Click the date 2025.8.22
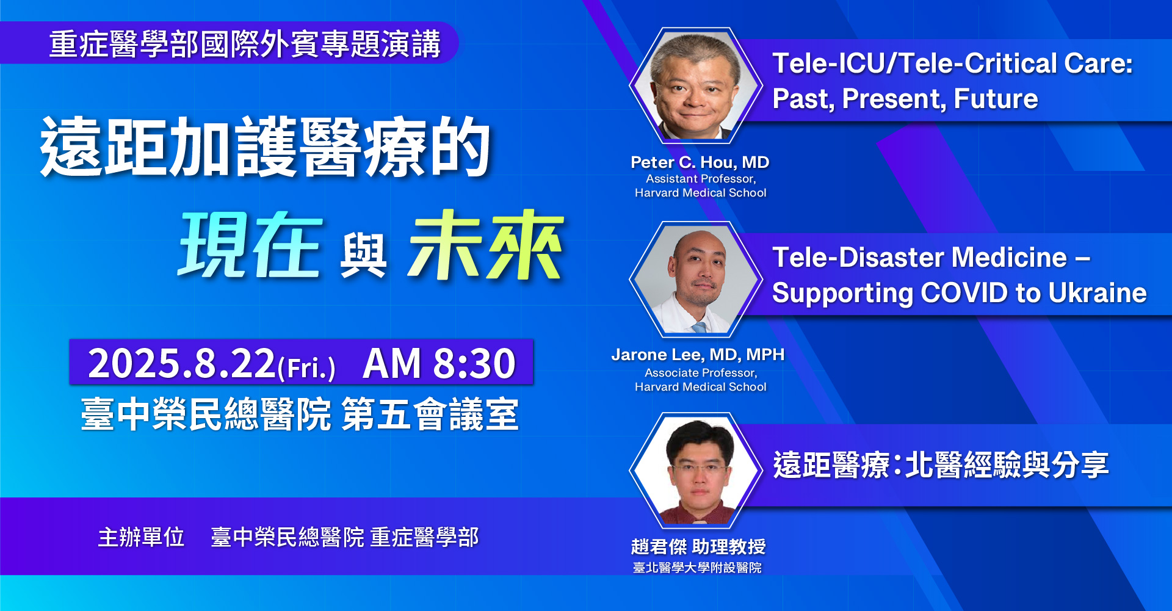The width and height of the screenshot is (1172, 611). pos(182,363)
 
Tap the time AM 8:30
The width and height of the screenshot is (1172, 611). pos(439,363)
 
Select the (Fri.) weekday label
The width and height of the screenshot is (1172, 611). pos(306,368)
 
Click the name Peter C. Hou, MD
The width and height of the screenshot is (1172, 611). pos(700,162)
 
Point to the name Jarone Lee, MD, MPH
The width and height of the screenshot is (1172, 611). pos(698,355)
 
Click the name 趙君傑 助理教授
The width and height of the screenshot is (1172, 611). pos(698,546)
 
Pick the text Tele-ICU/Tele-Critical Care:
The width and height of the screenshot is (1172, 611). pos(952,63)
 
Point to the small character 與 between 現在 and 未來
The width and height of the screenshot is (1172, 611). pos(364,256)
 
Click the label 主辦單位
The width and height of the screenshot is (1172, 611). pos(141,537)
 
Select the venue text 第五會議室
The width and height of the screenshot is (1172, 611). pos(430,414)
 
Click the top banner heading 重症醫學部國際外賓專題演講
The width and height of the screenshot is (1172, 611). pos(245,44)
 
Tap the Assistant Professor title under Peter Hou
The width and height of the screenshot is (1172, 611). pos(701,179)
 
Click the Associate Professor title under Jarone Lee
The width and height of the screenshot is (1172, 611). pos(701,373)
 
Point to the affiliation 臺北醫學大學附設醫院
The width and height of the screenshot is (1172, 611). pos(697,568)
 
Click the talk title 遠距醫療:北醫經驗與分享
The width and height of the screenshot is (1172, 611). pos(941,465)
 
